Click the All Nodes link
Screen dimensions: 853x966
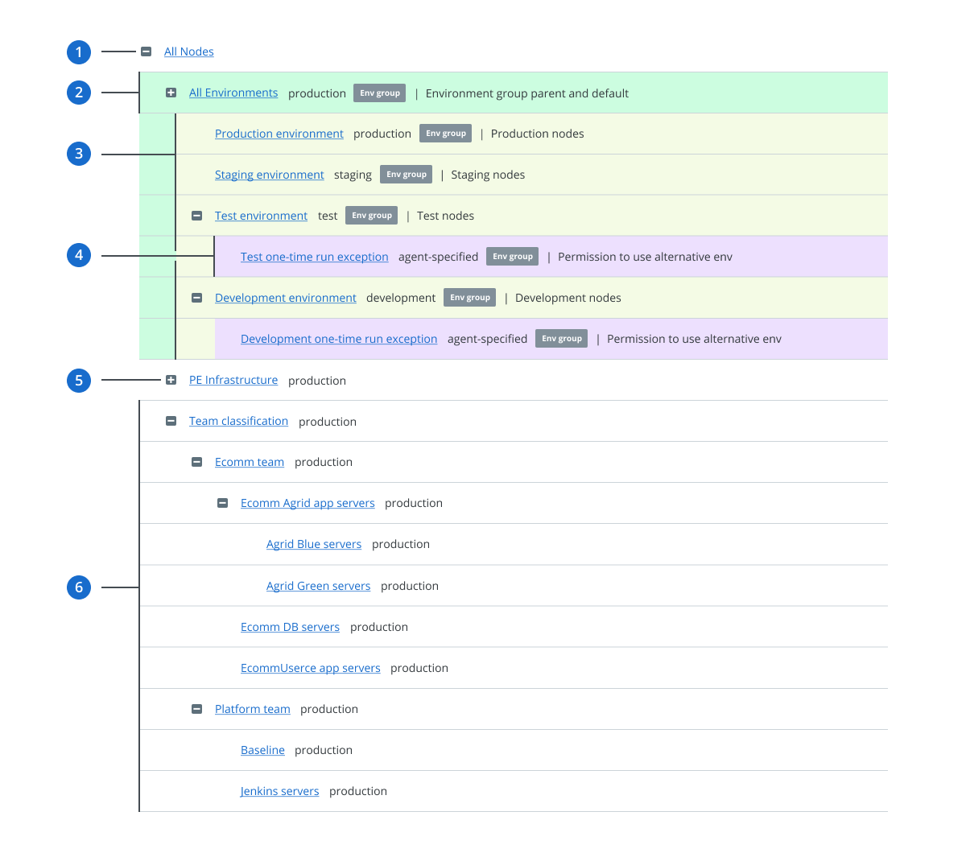[x=188, y=52]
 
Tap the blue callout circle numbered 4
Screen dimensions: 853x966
[x=79, y=255]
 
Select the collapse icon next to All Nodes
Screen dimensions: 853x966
[x=146, y=52]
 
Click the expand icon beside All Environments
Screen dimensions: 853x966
[x=171, y=93]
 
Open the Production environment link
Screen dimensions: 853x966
[x=279, y=134]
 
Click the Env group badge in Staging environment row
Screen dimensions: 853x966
[x=406, y=174]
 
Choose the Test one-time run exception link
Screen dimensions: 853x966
[x=314, y=257]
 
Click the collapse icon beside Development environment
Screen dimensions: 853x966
[x=196, y=298]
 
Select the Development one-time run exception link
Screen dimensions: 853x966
[x=338, y=339]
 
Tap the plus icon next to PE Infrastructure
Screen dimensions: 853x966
[x=171, y=380]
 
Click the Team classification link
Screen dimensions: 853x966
[x=238, y=421]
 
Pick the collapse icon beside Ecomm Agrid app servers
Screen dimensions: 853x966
[x=222, y=503]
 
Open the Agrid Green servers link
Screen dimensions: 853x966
[x=318, y=586]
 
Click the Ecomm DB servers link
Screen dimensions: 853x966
[x=290, y=627]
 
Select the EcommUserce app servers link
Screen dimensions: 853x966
[x=310, y=668]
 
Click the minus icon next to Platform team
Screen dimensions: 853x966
[x=196, y=709]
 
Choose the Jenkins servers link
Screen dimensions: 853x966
[x=279, y=791]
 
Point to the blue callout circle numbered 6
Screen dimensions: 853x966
[x=79, y=587]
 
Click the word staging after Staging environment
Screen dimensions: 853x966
[x=353, y=175]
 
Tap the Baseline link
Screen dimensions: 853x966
[x=262, y=750]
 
